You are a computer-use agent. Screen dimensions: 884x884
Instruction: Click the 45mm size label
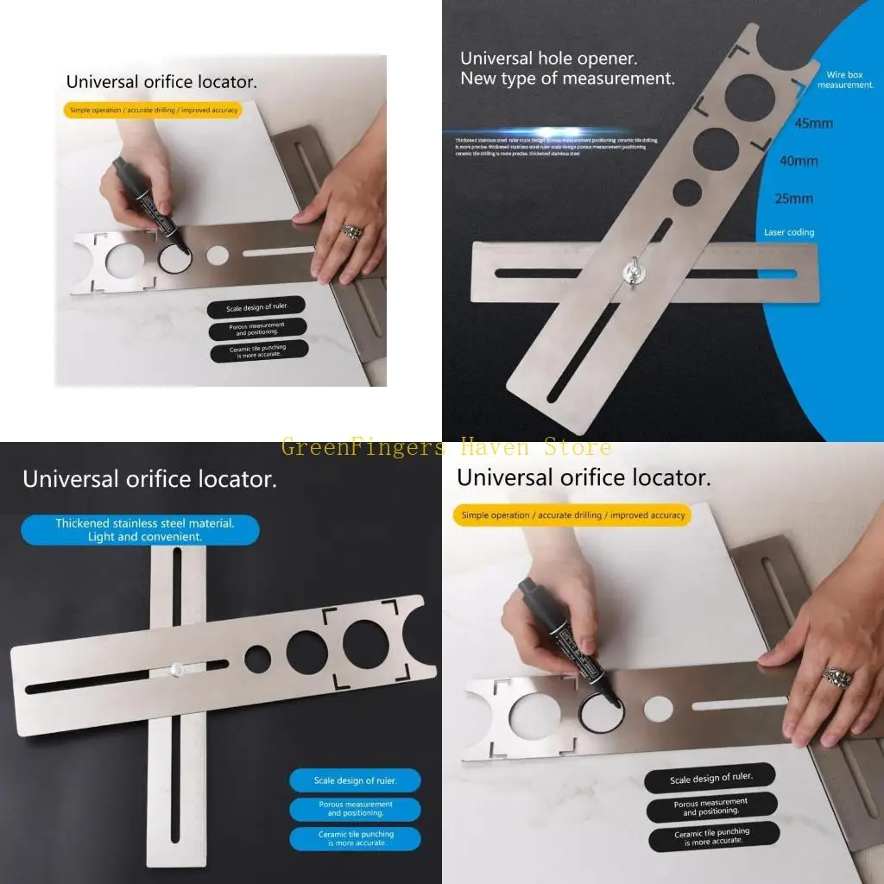814,123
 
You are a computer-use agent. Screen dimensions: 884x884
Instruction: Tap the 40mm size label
798,161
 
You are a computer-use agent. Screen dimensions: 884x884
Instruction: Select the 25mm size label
793,199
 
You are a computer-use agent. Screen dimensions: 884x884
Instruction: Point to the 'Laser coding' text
788,232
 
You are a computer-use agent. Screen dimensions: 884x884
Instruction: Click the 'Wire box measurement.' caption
845,80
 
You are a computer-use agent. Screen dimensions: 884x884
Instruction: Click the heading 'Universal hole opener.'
548,59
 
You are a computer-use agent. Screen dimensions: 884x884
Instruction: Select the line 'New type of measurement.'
567,79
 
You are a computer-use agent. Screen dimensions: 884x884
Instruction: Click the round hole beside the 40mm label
717,149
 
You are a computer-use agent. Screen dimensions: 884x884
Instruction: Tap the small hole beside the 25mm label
687,193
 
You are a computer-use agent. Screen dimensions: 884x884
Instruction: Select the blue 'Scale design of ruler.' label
355,780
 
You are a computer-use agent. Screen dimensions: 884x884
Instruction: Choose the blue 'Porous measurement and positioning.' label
355,809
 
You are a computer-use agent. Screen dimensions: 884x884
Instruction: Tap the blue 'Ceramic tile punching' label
355,838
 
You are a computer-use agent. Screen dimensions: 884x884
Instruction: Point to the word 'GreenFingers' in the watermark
363,447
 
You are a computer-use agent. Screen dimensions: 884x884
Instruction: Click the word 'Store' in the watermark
577,447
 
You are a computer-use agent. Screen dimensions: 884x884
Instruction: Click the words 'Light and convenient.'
144,536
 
